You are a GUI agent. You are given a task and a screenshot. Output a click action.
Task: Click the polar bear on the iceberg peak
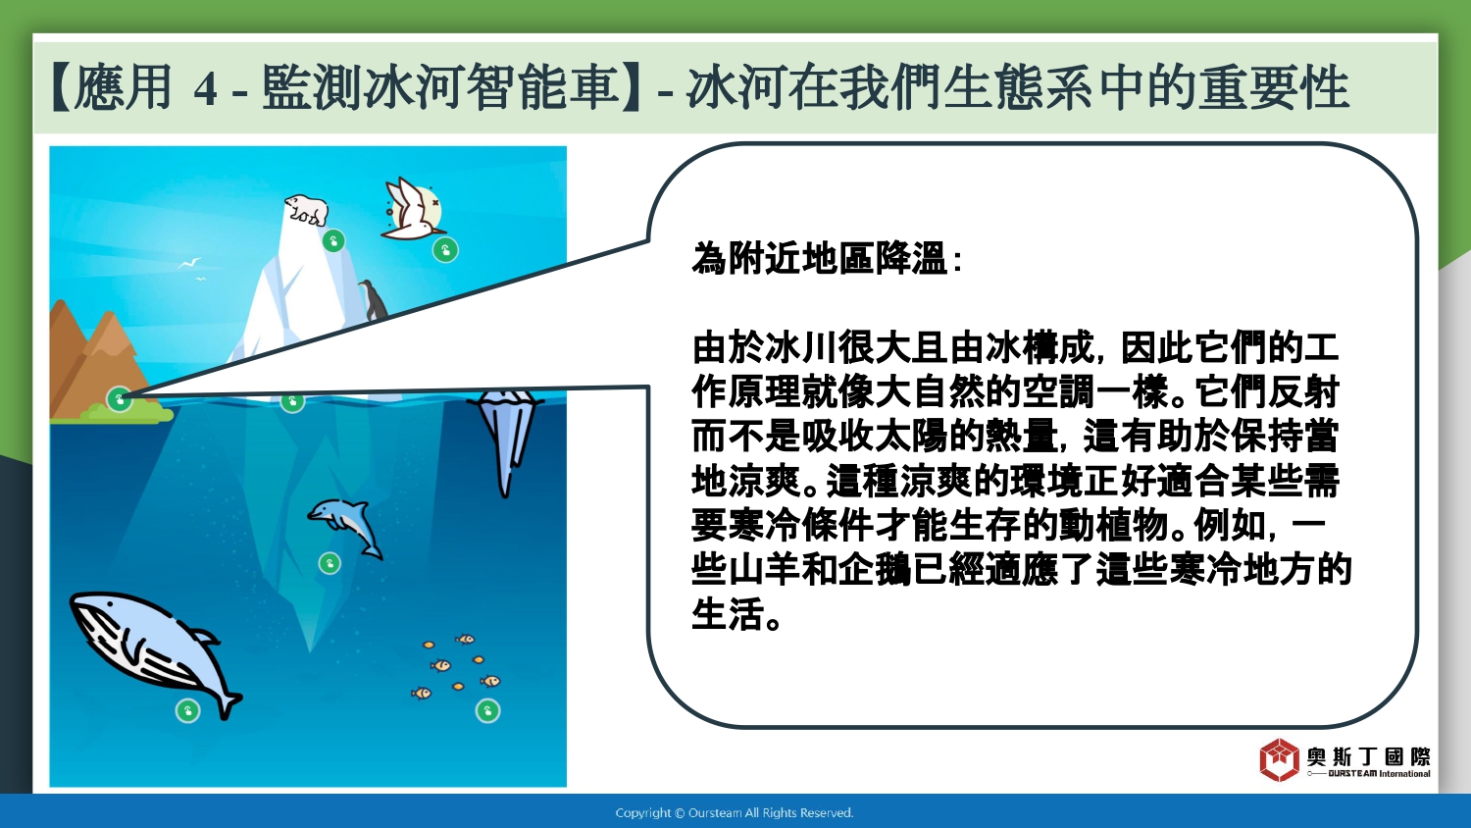tap(306, 209)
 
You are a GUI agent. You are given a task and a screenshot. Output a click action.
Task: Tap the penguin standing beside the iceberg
tap(373, 300)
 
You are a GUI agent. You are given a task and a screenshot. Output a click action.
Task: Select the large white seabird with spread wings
tap(413, 208)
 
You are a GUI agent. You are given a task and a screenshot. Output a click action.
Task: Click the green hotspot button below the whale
tap(188, 710)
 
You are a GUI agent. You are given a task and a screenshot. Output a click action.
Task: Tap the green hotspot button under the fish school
tap(488, 710)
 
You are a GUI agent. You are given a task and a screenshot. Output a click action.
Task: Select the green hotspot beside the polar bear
tap(333, 241)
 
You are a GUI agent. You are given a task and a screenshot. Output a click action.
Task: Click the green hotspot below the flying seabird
tap(445, 250)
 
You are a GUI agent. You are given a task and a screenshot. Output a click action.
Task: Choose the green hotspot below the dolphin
tap(330, 563)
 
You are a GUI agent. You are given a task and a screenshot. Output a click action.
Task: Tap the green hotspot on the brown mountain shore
tap(120, 399)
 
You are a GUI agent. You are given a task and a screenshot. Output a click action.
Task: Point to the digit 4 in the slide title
tap(206, 88)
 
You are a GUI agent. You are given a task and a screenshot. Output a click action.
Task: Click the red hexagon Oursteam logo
tap(1279, 759)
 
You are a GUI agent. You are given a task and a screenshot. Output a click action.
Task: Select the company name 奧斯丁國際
tap(1368, 756)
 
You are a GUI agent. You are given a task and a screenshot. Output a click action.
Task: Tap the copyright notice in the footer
tap(735, 813)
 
